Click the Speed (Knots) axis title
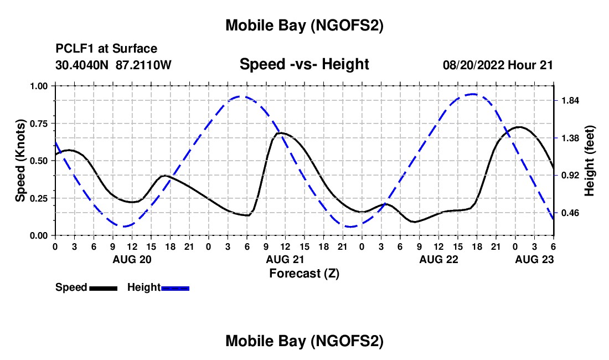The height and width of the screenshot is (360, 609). click(x=20, y=161)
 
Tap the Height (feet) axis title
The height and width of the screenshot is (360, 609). click(x=589, y=161)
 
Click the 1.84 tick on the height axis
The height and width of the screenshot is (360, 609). click(x=570, y=101)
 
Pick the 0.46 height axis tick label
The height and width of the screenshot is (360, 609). click(x=570, y=213)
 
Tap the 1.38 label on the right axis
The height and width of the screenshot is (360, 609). click(x=570, y=138)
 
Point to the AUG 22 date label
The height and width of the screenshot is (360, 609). click(x=438, y=259)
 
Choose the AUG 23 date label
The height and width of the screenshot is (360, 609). click(x=534, y=259)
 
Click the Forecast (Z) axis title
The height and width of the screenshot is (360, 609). click(x=304, y=273)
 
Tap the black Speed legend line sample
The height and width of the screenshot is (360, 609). click(x=102, y=287)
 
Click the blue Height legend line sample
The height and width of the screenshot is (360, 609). click(x=175, y=287)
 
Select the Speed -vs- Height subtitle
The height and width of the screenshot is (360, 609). click(x=304, y=64)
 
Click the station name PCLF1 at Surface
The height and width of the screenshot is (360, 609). click(x=106, y=49)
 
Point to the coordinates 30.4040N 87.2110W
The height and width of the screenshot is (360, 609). click(x=113, y=65)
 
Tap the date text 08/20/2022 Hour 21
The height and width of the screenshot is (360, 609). click(x=498, y=65)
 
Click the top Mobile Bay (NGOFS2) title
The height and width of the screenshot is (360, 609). click(x=304, y=25)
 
